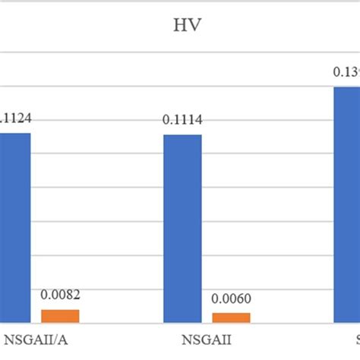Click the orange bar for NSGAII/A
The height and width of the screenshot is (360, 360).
point(60,316)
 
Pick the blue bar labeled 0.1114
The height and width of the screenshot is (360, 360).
point(182,228)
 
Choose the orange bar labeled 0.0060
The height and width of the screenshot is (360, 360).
point(230,317)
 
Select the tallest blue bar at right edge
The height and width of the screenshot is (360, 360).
point(347,205)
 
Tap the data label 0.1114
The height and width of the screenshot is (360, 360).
point(182,121)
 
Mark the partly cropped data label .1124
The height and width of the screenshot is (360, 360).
point(15,118)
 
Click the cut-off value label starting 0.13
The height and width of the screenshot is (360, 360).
point(346,72)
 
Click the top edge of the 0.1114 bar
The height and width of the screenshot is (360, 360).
point(182,135)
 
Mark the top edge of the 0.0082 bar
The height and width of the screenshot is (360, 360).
point(60,310)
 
